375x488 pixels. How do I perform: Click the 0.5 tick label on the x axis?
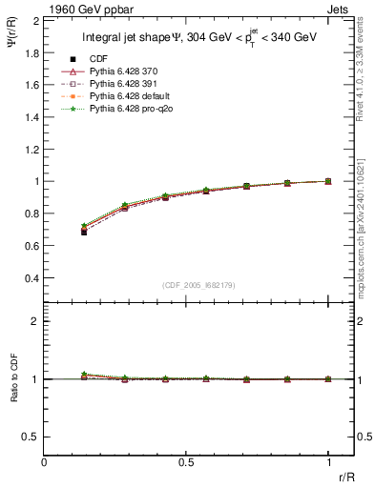point(186,462)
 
